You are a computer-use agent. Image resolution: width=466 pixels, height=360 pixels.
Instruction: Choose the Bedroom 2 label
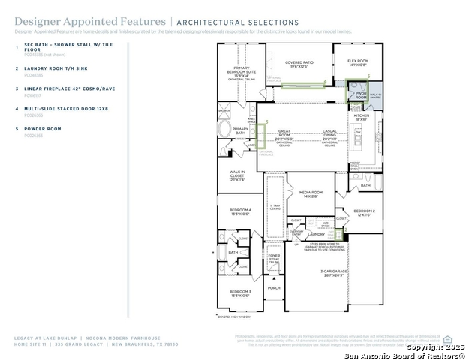(365, 213)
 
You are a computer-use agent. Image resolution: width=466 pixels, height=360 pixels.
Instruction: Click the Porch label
(274, 287)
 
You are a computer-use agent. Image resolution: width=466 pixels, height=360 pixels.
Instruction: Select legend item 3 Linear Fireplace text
(65, 88)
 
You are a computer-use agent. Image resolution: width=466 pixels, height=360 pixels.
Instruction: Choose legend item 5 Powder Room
(44, 129)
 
